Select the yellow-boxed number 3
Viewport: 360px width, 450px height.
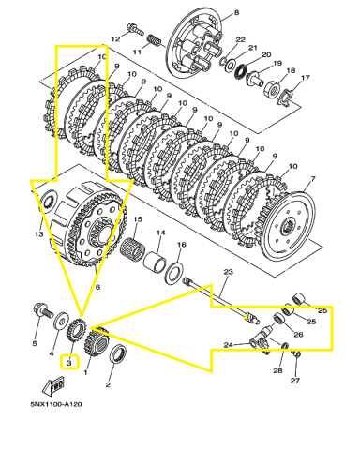tap(69, 361)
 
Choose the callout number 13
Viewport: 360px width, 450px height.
tap(38, 233)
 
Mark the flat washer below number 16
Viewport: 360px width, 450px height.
tap(174, 274)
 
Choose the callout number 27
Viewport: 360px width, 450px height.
tap(296, 382)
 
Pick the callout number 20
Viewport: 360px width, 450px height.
tap(265, 55)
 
